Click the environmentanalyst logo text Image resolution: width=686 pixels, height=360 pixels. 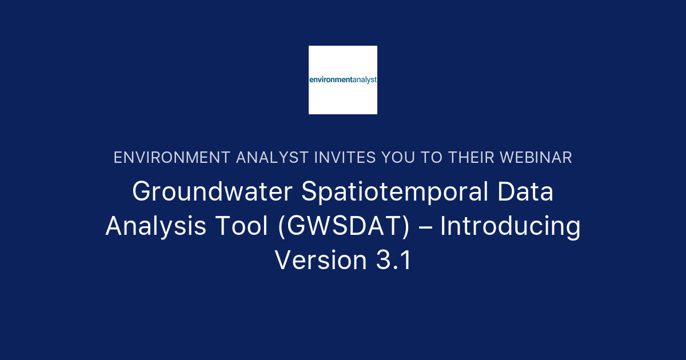coord(343,80)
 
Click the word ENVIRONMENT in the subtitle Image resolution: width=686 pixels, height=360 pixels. coord(172,158)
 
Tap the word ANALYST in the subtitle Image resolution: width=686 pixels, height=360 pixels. coord(272,158)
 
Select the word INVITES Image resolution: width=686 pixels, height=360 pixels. coord(345,158)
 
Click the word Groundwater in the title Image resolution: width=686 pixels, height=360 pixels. coord(212,191)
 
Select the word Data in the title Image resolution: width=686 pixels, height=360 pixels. coord(525,191)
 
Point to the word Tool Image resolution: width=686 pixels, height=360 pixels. coord(242,226)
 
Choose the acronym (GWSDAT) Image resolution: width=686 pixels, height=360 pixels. coord(344,226)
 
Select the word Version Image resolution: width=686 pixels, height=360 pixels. coord(321,260)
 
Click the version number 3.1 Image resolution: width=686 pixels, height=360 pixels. coord(393,260)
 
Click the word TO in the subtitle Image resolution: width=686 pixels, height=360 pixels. coord(432,158)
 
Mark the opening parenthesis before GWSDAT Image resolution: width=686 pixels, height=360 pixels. coord(281,226)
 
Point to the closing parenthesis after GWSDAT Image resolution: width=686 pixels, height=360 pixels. coord(406,226)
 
